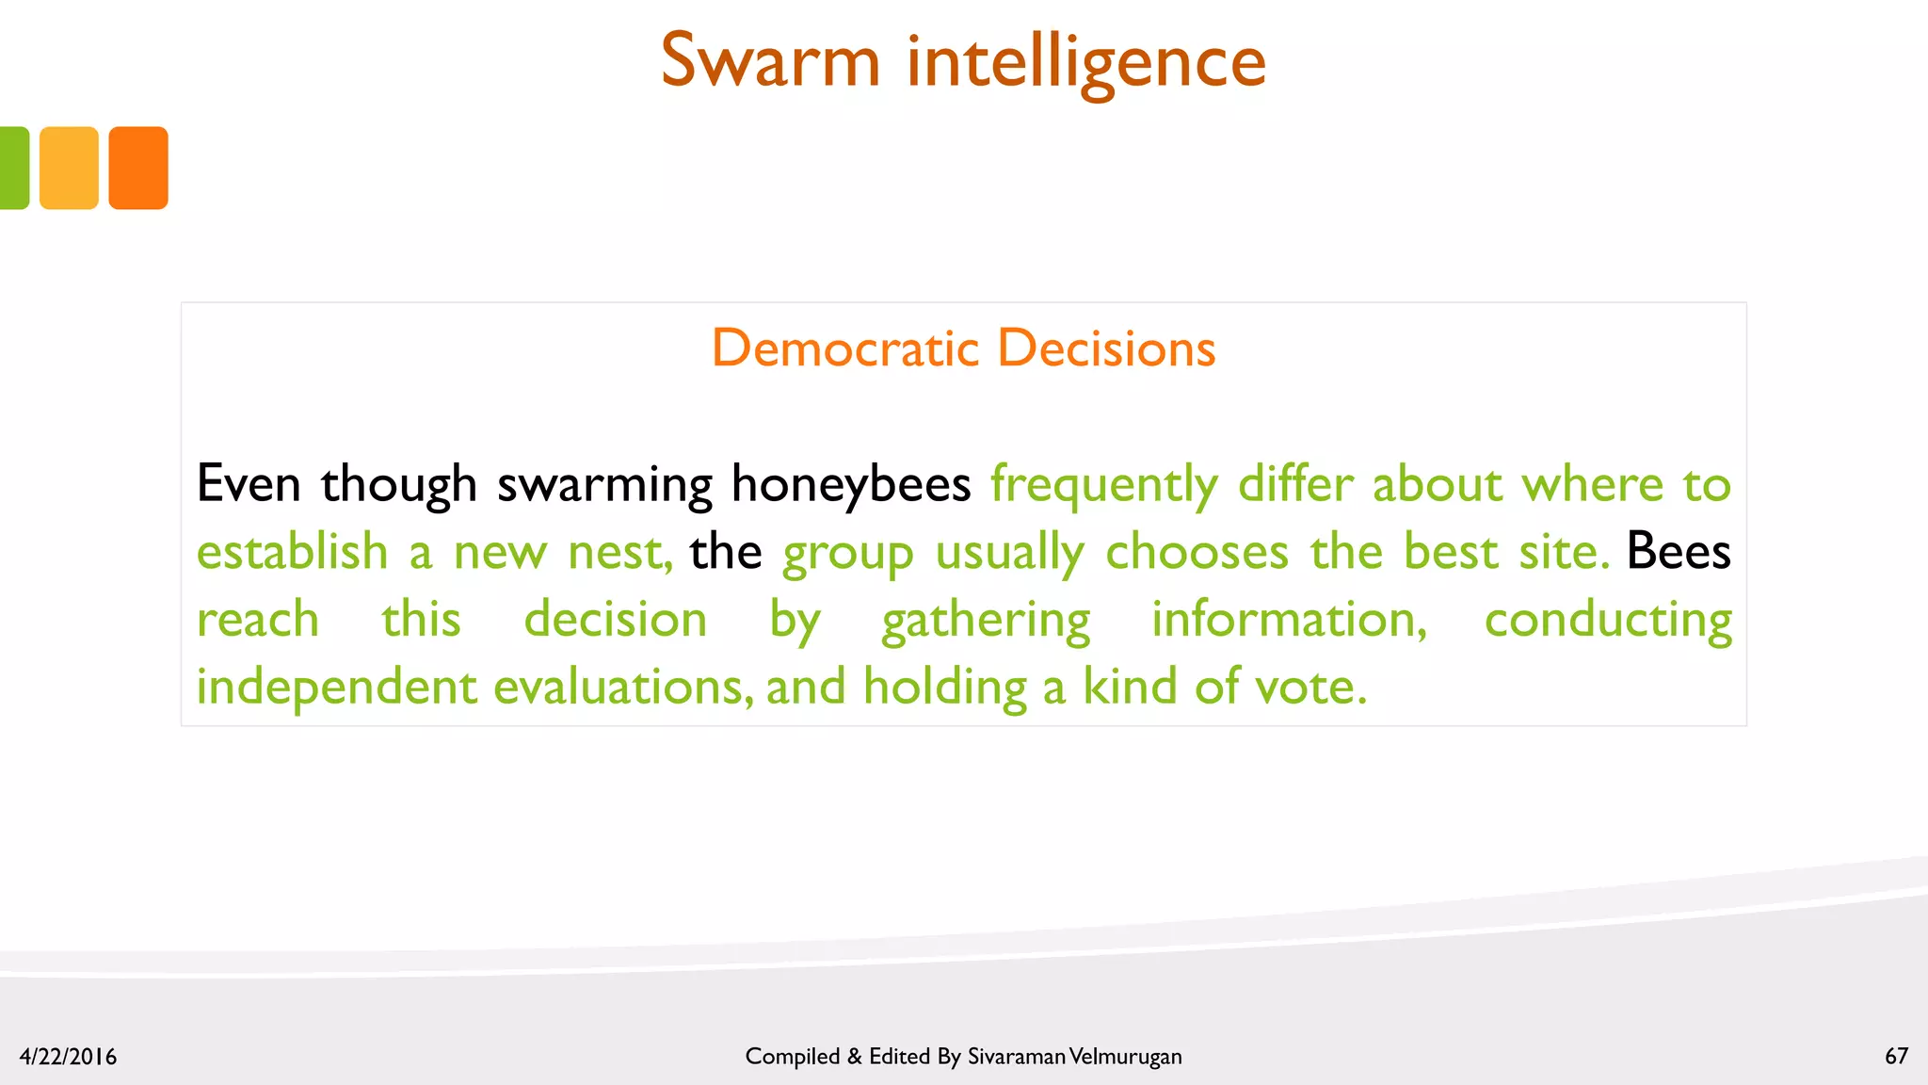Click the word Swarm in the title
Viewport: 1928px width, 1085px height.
[770, 61]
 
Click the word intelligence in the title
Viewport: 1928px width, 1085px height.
[1086, 63]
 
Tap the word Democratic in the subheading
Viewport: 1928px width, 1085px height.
[845, 348]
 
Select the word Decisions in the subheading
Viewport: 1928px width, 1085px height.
[1106, 348]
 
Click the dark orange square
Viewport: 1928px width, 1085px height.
[138, 168]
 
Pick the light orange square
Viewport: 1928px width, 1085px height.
[69, 168]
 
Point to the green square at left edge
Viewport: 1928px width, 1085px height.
[13, 168]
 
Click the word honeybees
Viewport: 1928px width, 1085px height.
[850, 485]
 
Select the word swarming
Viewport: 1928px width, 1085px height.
[604, 485]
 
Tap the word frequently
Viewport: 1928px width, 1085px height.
[1103, 485]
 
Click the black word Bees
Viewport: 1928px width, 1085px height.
[1678, 551]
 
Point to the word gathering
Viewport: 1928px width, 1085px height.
[986, 621]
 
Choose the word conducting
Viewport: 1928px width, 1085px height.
[1608, 621]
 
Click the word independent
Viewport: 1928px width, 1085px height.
[337, 687]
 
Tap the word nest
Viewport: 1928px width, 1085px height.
[619, 553]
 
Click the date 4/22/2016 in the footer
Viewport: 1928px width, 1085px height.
[68, 1057]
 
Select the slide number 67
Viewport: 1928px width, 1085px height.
[1896, 1056]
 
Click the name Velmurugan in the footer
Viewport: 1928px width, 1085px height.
[1126, 1057]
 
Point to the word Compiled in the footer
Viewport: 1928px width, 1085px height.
[792, 1057]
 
